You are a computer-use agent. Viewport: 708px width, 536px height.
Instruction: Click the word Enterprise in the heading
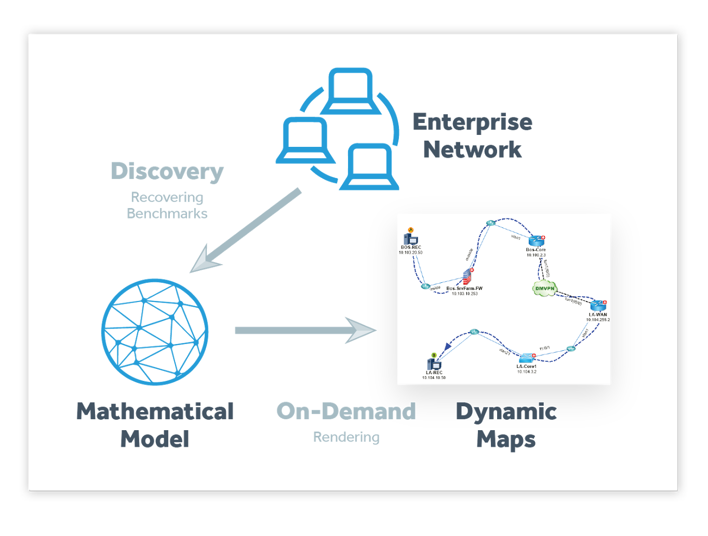tap(472, 122)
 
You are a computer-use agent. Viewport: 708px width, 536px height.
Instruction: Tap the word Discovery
tap(167, 172)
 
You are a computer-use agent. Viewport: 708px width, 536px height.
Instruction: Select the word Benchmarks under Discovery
tap(167, 214)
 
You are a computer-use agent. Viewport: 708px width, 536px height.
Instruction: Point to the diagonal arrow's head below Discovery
tap(203, 260)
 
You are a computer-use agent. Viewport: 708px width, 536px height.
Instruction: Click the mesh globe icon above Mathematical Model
tap(155, 332)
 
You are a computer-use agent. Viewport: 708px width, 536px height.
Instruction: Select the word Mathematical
tap(155, 411)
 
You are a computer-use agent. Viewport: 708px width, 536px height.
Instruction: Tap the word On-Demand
tap(346, 411)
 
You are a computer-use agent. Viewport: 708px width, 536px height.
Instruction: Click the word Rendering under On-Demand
tap(346, 437)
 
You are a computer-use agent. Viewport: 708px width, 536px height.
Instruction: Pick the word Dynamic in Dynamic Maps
tap(506, 411)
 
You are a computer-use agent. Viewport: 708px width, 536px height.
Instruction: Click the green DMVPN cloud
tap(544, 288)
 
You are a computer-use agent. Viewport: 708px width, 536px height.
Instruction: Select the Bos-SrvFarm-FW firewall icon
tap(467, 276)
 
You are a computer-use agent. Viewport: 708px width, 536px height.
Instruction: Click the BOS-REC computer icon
tap(411, 239)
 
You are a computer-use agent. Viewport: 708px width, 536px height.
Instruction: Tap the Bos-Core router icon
tap(536, 241)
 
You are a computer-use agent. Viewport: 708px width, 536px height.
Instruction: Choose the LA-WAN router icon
tap(598, 306)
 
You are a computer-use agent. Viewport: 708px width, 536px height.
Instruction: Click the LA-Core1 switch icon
tap(526, 358)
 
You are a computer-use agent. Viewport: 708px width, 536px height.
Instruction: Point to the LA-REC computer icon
tap(434, 365)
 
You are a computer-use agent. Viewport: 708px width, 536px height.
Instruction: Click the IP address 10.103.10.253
tap(464, 294)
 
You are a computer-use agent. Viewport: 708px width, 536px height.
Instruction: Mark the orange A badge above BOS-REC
tap(410, 230)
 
